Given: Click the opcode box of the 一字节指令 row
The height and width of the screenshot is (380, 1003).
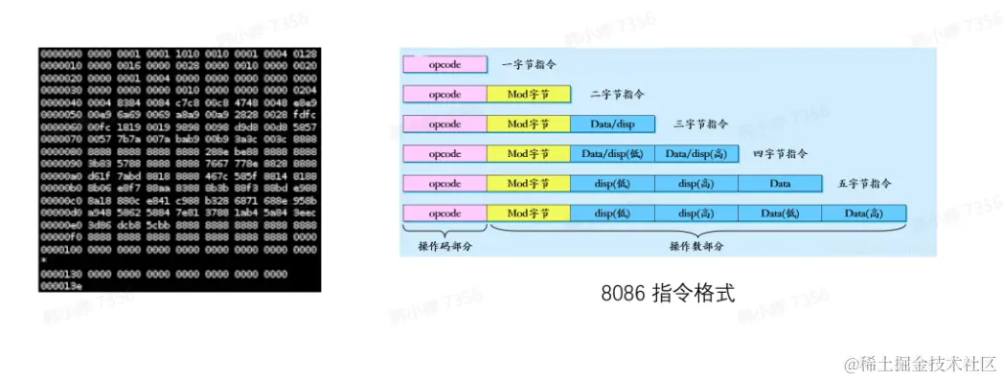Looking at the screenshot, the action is pos(445,64).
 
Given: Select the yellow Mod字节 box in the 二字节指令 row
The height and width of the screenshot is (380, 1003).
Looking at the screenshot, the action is pos(529,94).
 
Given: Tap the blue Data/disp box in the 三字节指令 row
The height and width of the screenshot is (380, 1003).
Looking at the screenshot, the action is pos(613,123).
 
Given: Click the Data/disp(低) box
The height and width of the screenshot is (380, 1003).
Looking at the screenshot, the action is pos(613,153).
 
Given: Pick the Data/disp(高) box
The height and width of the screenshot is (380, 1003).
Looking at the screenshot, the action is pos(696,153).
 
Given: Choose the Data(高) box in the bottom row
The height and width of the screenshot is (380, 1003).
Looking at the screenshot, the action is pos(863,212).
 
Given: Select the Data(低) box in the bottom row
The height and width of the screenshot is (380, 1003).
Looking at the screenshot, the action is pos(780,212).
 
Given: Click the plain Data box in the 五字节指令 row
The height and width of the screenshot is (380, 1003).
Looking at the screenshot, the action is pos(780,183).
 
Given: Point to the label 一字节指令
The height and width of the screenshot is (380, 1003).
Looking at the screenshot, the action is pos(529,64).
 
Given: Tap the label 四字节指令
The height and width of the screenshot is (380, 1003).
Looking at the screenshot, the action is pos(781,153).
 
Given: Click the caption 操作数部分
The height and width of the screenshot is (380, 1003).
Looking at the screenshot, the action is pos(696,247).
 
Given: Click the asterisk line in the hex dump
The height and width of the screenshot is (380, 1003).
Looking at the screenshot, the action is pos(44,260).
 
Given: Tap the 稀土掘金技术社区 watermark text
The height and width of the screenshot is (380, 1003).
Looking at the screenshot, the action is pos(921,364).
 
